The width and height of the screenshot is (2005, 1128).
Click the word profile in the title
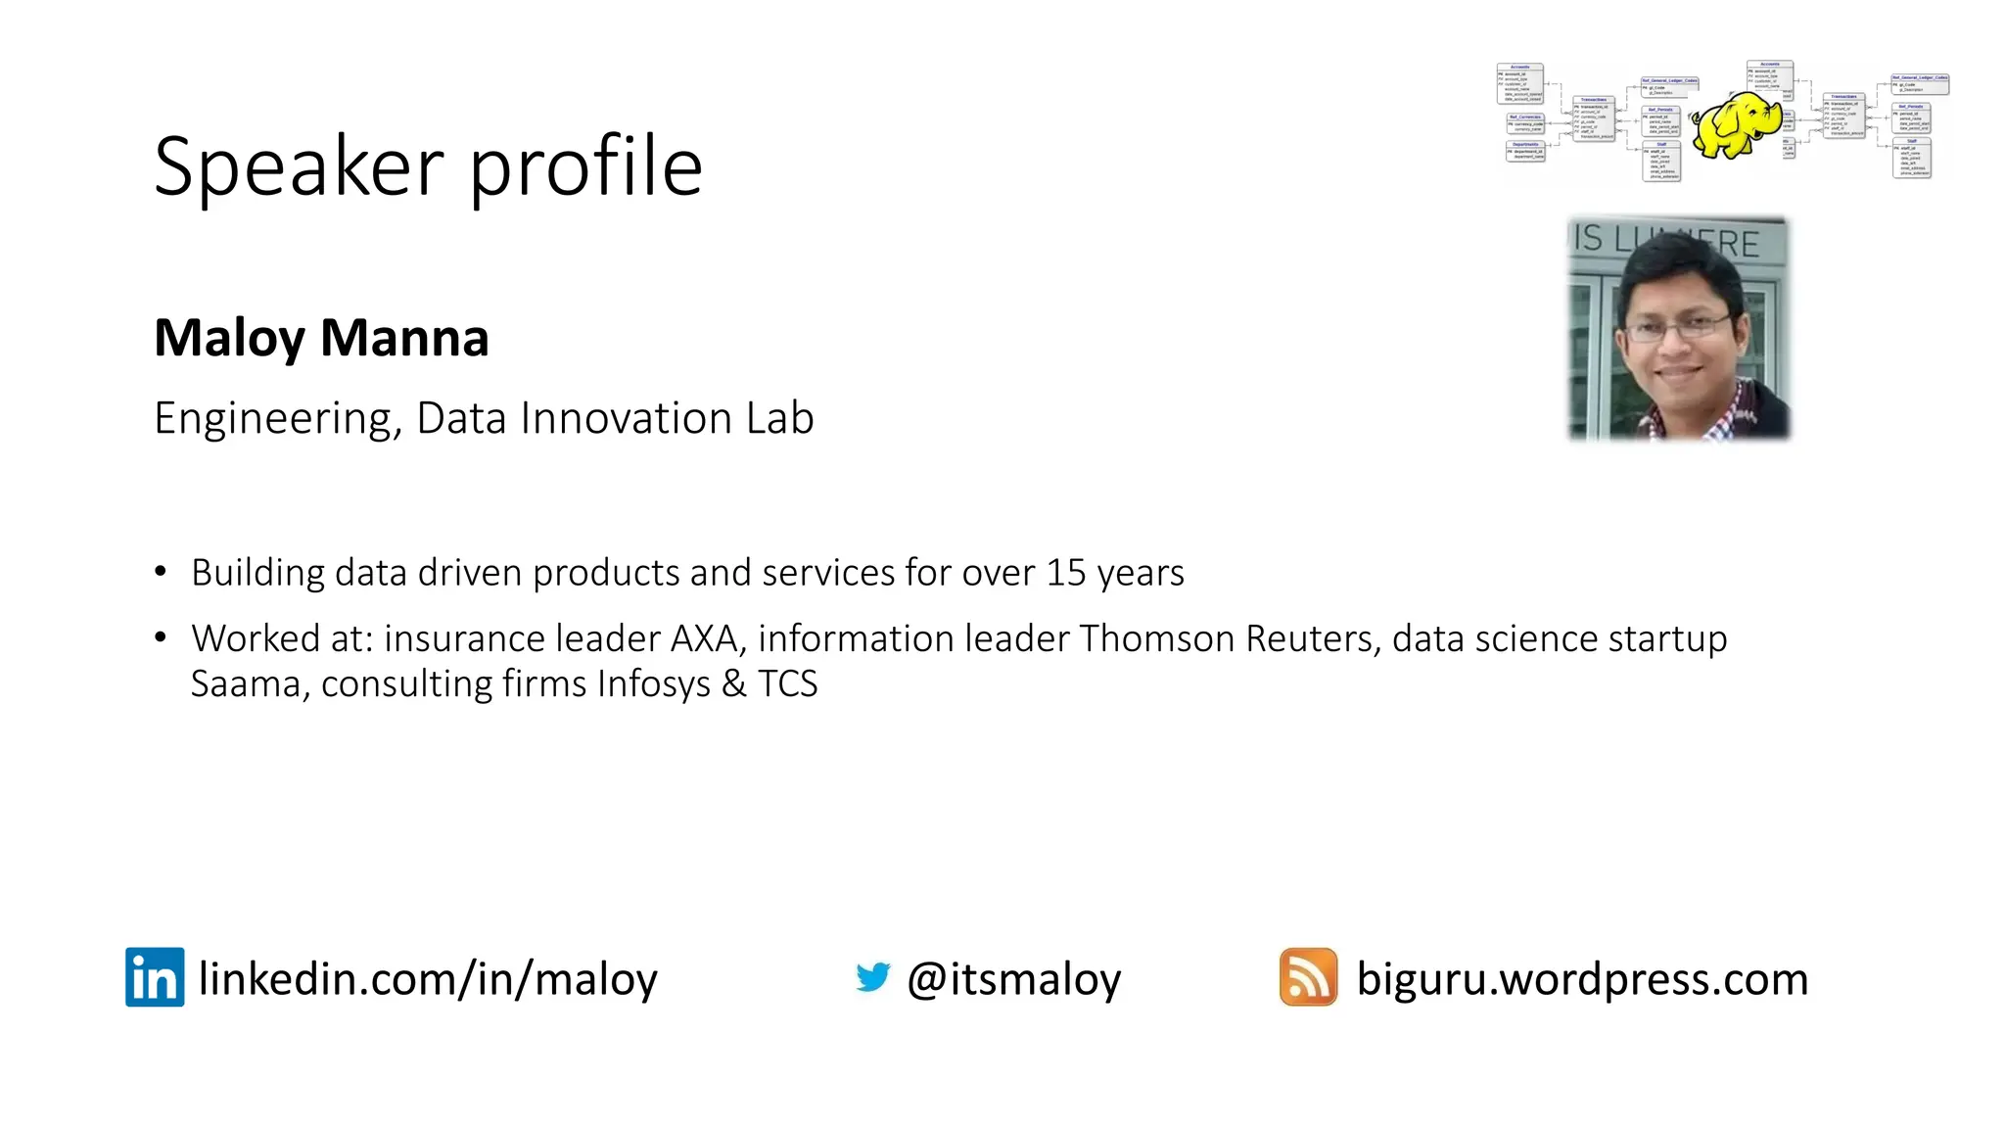[x=585, y=166]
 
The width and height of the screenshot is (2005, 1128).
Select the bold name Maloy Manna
[x=321, y=338]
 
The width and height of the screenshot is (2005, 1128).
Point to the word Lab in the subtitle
[x=779, y=418]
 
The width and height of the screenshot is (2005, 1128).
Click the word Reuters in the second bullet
[x=1312, y=638]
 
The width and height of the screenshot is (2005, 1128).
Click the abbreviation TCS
[x=787, y=683]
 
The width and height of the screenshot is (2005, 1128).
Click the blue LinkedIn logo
[x=155, y=976]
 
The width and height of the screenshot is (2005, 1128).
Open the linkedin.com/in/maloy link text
[x=428, y=979]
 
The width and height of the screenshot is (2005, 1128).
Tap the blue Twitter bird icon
[x=872, y=976]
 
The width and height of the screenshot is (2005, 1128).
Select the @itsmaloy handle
[x=1013, y=979]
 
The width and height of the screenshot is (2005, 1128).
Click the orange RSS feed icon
[x=1308, y=976]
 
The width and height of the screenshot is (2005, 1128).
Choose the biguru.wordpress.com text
[x=1582, y=979]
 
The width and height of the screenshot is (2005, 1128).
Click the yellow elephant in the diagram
[x=1736, y=124]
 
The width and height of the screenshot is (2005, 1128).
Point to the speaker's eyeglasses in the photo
[x=1677, y=326]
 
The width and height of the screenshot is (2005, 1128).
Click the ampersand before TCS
[x=734, y=683]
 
